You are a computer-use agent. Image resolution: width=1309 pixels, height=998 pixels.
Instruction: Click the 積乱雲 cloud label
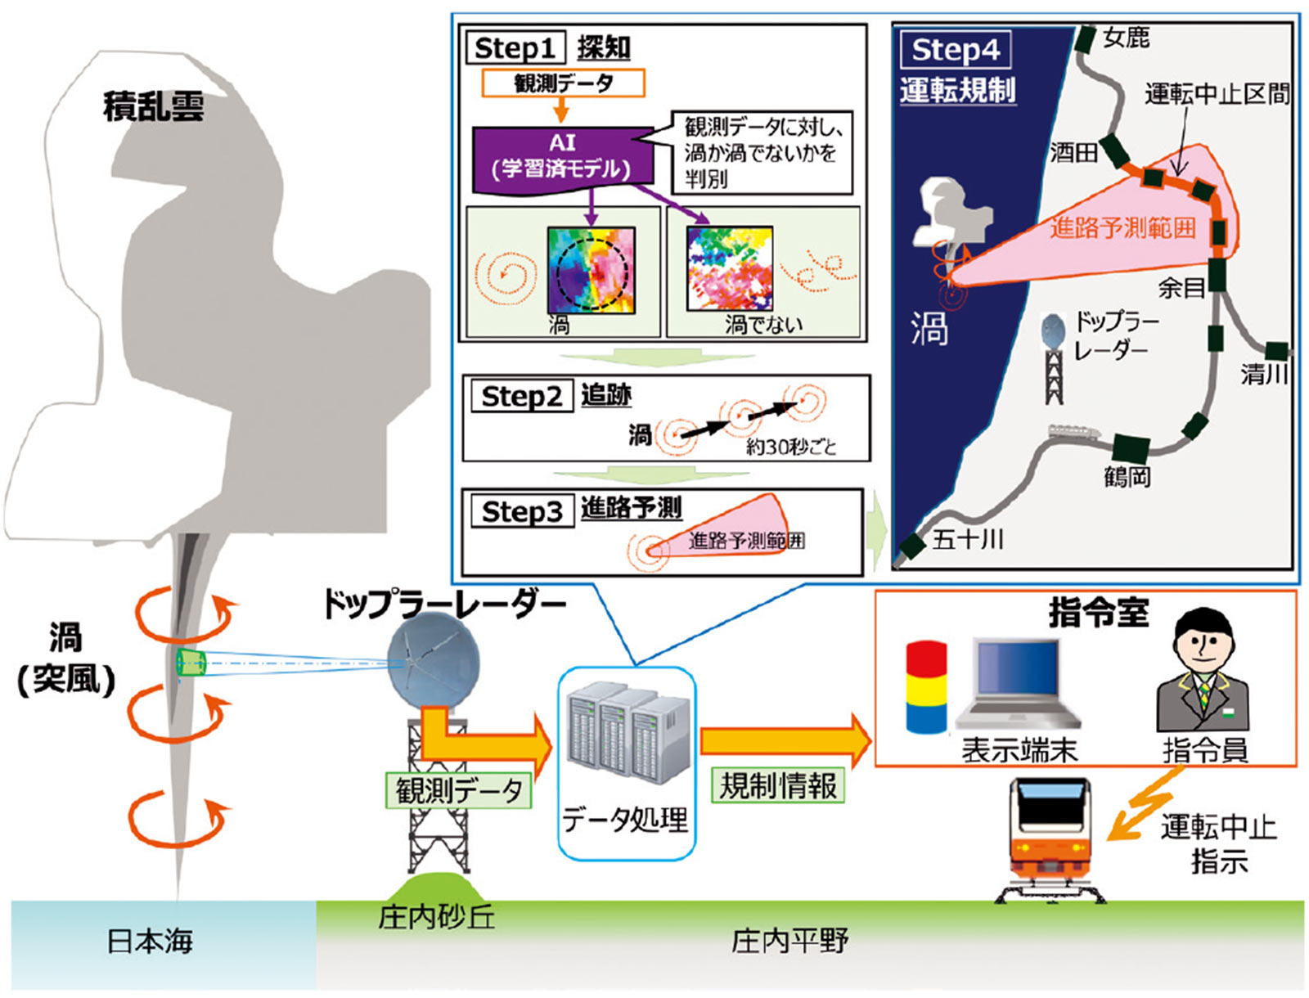(x=153, y=107)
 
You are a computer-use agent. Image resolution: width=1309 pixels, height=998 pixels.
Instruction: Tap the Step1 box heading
(x=515, y=48)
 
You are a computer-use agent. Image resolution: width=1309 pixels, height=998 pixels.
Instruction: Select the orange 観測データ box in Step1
(x=564, y=83)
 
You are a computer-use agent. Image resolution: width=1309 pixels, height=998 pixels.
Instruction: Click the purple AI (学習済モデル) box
(x=563, y=155)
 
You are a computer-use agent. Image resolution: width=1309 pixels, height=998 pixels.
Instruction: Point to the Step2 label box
(x=522, y=397)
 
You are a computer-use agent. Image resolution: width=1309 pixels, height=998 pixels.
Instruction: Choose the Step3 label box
(x=522, y=512)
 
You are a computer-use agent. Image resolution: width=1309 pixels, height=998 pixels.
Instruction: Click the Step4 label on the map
(x=956, y=50)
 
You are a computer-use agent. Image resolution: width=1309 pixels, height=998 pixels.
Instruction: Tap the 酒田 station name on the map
(x=1073, y=152)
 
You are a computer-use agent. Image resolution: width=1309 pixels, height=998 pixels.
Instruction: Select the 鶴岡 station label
(x=1127, y=478)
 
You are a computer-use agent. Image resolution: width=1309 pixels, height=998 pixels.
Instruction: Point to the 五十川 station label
(x=968, y=539)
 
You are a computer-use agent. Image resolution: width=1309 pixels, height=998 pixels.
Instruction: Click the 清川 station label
(x=1264, y=375)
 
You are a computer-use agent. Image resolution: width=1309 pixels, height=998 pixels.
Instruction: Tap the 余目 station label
(x=1181, y=288)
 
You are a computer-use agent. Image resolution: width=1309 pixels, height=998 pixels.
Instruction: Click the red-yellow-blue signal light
(x=926, y=687)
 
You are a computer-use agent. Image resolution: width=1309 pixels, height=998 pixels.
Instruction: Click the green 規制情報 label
(x=778, y=785)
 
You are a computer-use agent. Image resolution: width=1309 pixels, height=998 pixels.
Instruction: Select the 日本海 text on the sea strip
(x=150, y=942)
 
